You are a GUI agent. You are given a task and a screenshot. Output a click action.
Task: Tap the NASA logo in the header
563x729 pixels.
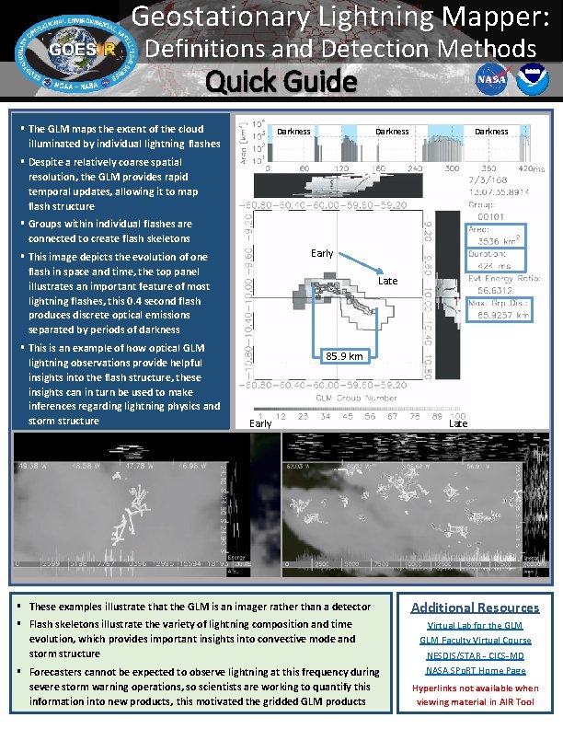489,80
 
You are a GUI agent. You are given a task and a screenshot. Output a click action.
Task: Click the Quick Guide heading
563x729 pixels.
281,83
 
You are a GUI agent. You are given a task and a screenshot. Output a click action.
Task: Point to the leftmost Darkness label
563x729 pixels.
293,132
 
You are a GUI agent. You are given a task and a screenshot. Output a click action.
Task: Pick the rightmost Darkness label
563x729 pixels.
491,132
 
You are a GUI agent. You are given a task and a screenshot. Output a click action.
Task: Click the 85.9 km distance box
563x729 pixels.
346,355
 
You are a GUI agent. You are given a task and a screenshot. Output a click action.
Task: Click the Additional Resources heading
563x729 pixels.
475,607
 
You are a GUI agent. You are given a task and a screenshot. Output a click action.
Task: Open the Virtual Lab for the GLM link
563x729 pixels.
475,626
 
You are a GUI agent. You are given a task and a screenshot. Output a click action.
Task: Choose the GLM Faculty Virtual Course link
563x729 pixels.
475,641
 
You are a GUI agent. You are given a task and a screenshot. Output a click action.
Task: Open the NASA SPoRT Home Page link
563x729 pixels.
475,671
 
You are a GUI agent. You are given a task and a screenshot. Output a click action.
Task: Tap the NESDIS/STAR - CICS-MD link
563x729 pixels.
475,656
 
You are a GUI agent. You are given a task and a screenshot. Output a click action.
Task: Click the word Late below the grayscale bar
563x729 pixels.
457,423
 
